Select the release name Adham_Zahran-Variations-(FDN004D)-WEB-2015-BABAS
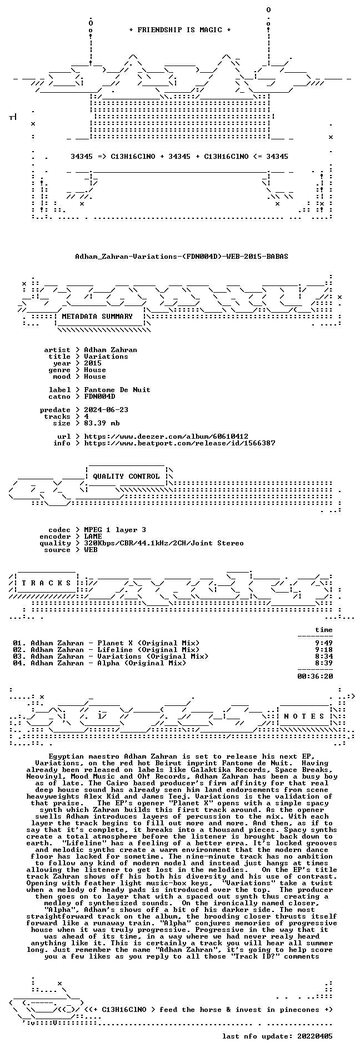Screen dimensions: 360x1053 pyautogui.click(x=182, y=257)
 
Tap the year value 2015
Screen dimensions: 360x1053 pyautogui.click(x=93, y=363)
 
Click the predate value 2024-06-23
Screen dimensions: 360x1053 pyautogui.click(x=106, y=410)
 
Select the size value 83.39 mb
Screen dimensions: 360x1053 pyautogui.click(x=102, y=423)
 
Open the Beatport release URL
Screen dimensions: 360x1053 pyautogui.click(x=179, y=443)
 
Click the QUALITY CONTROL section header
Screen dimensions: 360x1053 pyautogui.click(x=126, y=477)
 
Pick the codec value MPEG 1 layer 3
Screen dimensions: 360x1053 pyautogui.click(x=115, y=530)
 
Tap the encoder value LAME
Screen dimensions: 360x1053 pyautogui.click(x=93, y=536)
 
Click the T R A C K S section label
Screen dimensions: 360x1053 pyautogui.click(x=46, y=583)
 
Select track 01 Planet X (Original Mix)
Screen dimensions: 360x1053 pyautogui.click(x=106, y=643)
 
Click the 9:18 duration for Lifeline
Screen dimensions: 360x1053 pyautogui.click(x=324, y=650)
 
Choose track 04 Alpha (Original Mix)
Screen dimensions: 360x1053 pyautogui.click(x=99, y=663)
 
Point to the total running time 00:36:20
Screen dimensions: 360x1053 pyautogui.click(x=315, y=676)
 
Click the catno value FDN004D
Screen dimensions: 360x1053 pyautogui.click(x=99, y=397)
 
